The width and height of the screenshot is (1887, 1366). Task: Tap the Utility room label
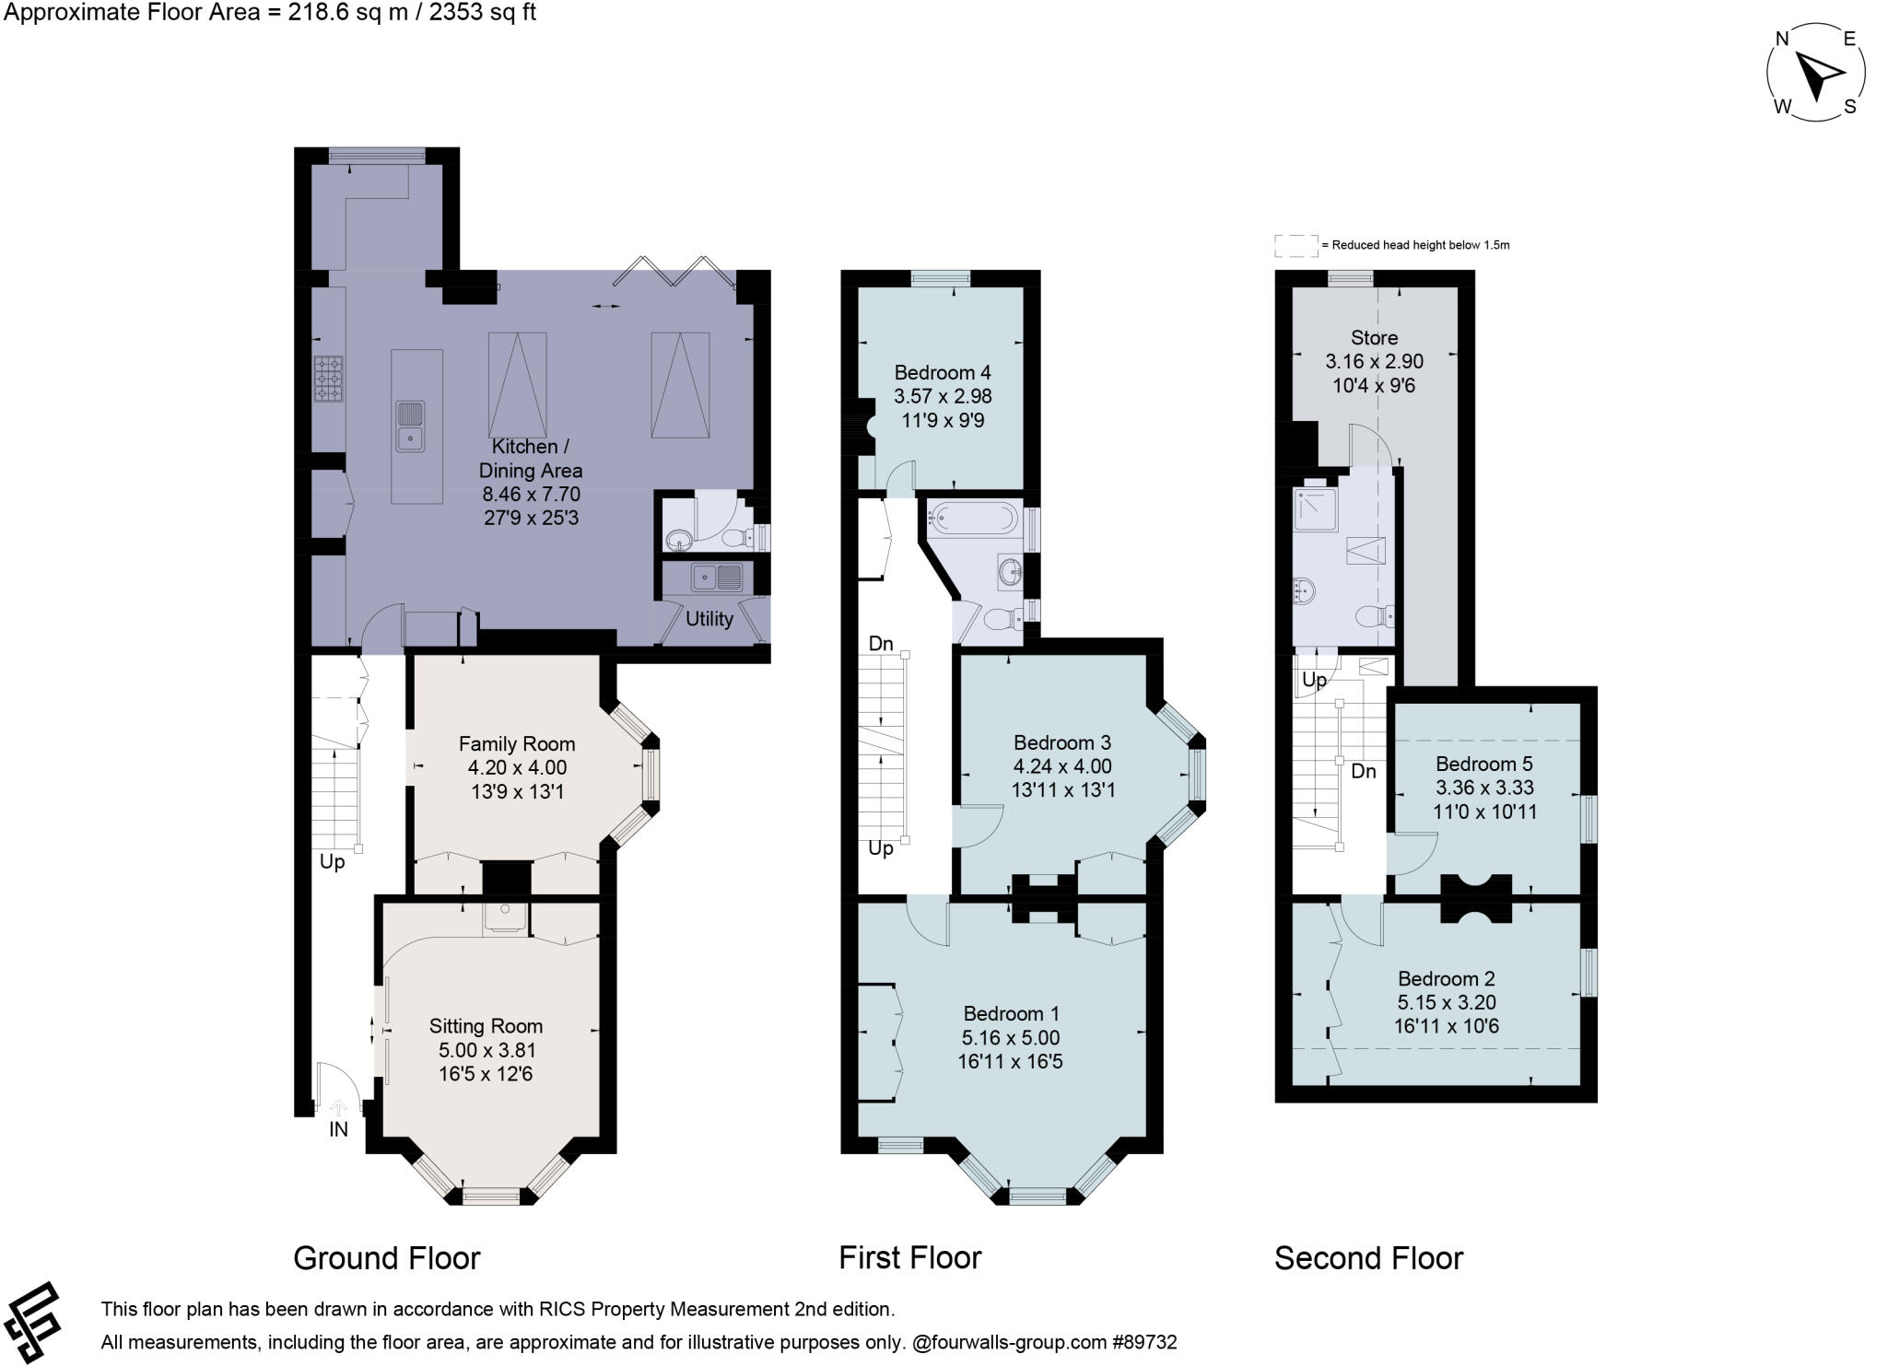click(x=709, y=619)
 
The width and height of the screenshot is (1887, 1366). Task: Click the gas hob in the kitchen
click(x=328, y=379)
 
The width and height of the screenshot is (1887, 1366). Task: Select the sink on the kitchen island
click(x=411, y=425)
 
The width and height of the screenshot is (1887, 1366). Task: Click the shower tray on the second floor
click(x=1315, y=509)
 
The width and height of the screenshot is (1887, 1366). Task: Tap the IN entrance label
click(x=338, y=1129)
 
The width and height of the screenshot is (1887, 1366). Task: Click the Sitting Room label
click(x=486, y=1026)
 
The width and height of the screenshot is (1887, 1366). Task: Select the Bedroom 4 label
click(x=943, y=373)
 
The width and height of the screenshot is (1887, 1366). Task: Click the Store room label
click(x=1374, y=338)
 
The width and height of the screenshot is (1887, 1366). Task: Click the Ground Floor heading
click(x=386, y=1258)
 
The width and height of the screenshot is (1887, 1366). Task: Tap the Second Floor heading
click(x=1368, y=1258)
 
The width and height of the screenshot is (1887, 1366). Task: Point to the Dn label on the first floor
click(x=881, y=644)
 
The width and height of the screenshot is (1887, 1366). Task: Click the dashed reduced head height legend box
click(x=1296, y=246)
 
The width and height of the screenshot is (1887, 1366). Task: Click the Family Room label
click(x=516, y=744)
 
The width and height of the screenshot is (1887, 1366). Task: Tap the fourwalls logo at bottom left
click(x=33, y=1322)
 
